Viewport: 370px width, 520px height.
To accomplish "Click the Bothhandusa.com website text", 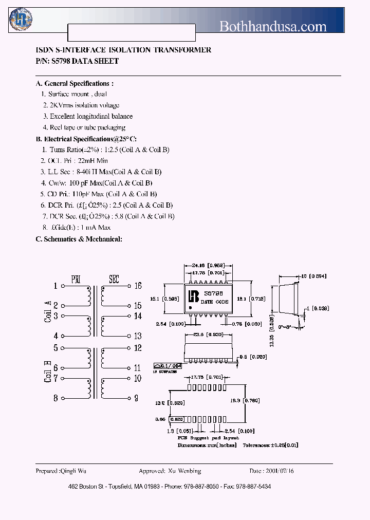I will pyautogui.click(x=273, y=26).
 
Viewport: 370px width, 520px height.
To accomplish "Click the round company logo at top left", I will pyautogui.click(x=21, y=20).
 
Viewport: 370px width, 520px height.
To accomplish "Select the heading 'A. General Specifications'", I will pyautogui.click(x=75, y=84).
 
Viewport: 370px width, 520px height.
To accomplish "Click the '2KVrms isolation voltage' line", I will pyautogui.click(x=81, y=105).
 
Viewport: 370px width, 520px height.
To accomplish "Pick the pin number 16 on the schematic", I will pyautogui.click(x=138, y=286).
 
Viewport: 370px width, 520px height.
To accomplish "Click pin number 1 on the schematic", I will pyautogui.click(x=55, y=286).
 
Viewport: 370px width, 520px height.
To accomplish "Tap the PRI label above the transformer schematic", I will pyautogui.click(x=76, y=280).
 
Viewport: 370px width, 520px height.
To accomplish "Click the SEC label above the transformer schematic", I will pyautogui.click(x=114, y=280).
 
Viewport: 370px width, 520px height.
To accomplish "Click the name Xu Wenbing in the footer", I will pyautogui.click(x=184, y=471).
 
